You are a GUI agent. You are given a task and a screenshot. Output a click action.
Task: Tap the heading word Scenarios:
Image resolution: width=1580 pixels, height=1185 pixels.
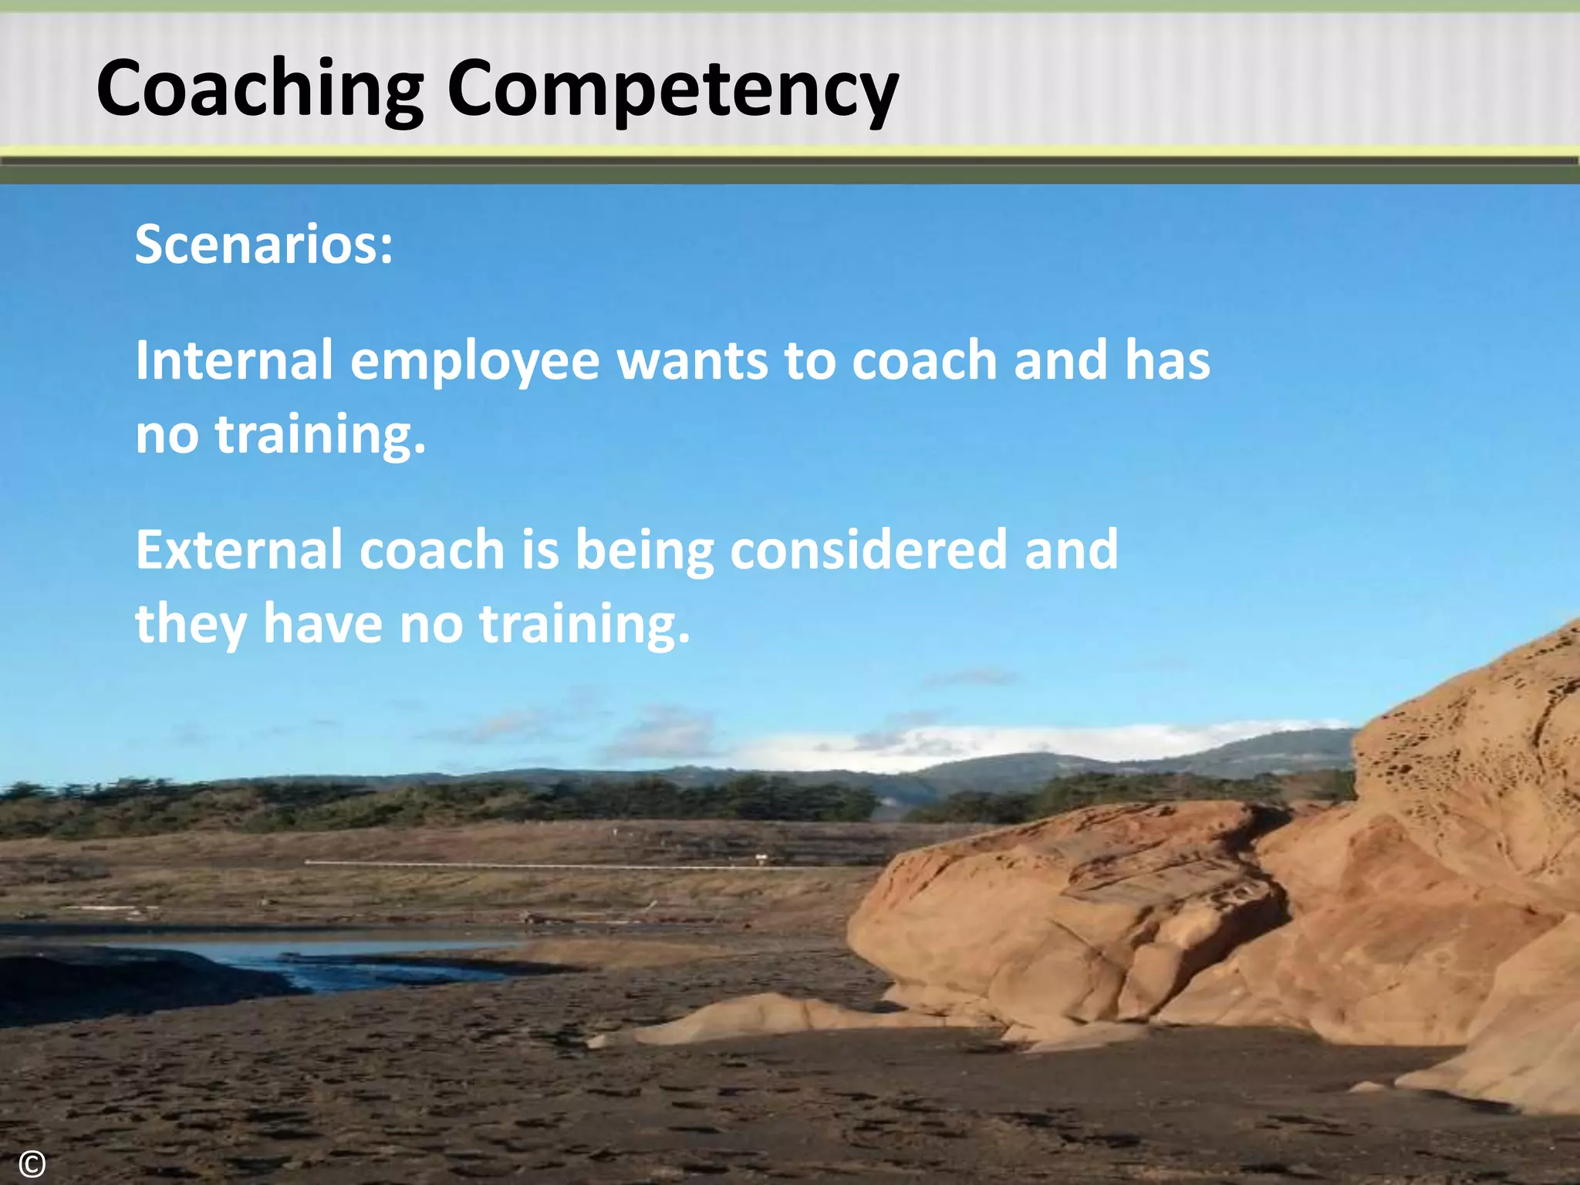tap(264, 245)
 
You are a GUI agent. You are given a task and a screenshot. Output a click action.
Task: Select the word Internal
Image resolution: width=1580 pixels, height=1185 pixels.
tap(234, 360)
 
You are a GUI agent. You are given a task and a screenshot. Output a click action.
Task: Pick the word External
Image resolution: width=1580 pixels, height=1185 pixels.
tap(238, 549)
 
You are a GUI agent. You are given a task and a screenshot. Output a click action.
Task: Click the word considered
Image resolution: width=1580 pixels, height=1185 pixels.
tap(868, 549)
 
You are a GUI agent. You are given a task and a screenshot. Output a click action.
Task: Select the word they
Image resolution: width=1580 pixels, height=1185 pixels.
tap(191, 624)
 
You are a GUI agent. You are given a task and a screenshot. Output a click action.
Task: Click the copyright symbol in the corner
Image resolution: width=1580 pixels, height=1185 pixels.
tap(32, 1163)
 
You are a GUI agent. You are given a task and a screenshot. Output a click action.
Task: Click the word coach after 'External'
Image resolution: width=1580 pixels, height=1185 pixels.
tap(431, 549)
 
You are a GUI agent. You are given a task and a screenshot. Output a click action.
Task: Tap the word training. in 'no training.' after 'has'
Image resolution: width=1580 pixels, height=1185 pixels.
tap(320, 435)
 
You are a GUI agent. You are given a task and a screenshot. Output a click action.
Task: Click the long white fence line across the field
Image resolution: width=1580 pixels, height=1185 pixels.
tap(540, 865)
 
